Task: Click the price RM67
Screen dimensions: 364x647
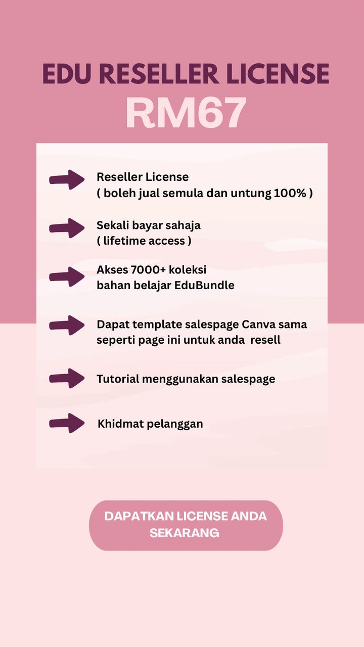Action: (x=186, y=113)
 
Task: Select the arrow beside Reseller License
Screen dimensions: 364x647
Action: (x=67, y=179)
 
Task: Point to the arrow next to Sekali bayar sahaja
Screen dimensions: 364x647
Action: (x=67, y=228)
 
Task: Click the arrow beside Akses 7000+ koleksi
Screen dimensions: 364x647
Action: (x=67, y=276)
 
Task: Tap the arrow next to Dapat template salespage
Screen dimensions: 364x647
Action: (x=67, y=325)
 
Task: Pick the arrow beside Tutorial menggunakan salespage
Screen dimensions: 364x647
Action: (x=67, y=379)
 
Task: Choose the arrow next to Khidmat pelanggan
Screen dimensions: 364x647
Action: (x=67, y=423)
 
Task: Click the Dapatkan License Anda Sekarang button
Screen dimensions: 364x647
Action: (x=186, y=525)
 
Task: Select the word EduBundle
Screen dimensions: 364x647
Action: (x=204, y=286)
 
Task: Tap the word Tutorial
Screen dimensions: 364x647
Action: (x=118, y=379)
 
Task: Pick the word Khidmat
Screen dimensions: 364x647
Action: (x=121, y=424)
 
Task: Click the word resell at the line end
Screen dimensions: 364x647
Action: (x=265, y=340)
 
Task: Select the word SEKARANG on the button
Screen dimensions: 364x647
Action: (x=185, y=533)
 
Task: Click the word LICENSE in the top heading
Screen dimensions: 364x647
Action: (x=278, y=74)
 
